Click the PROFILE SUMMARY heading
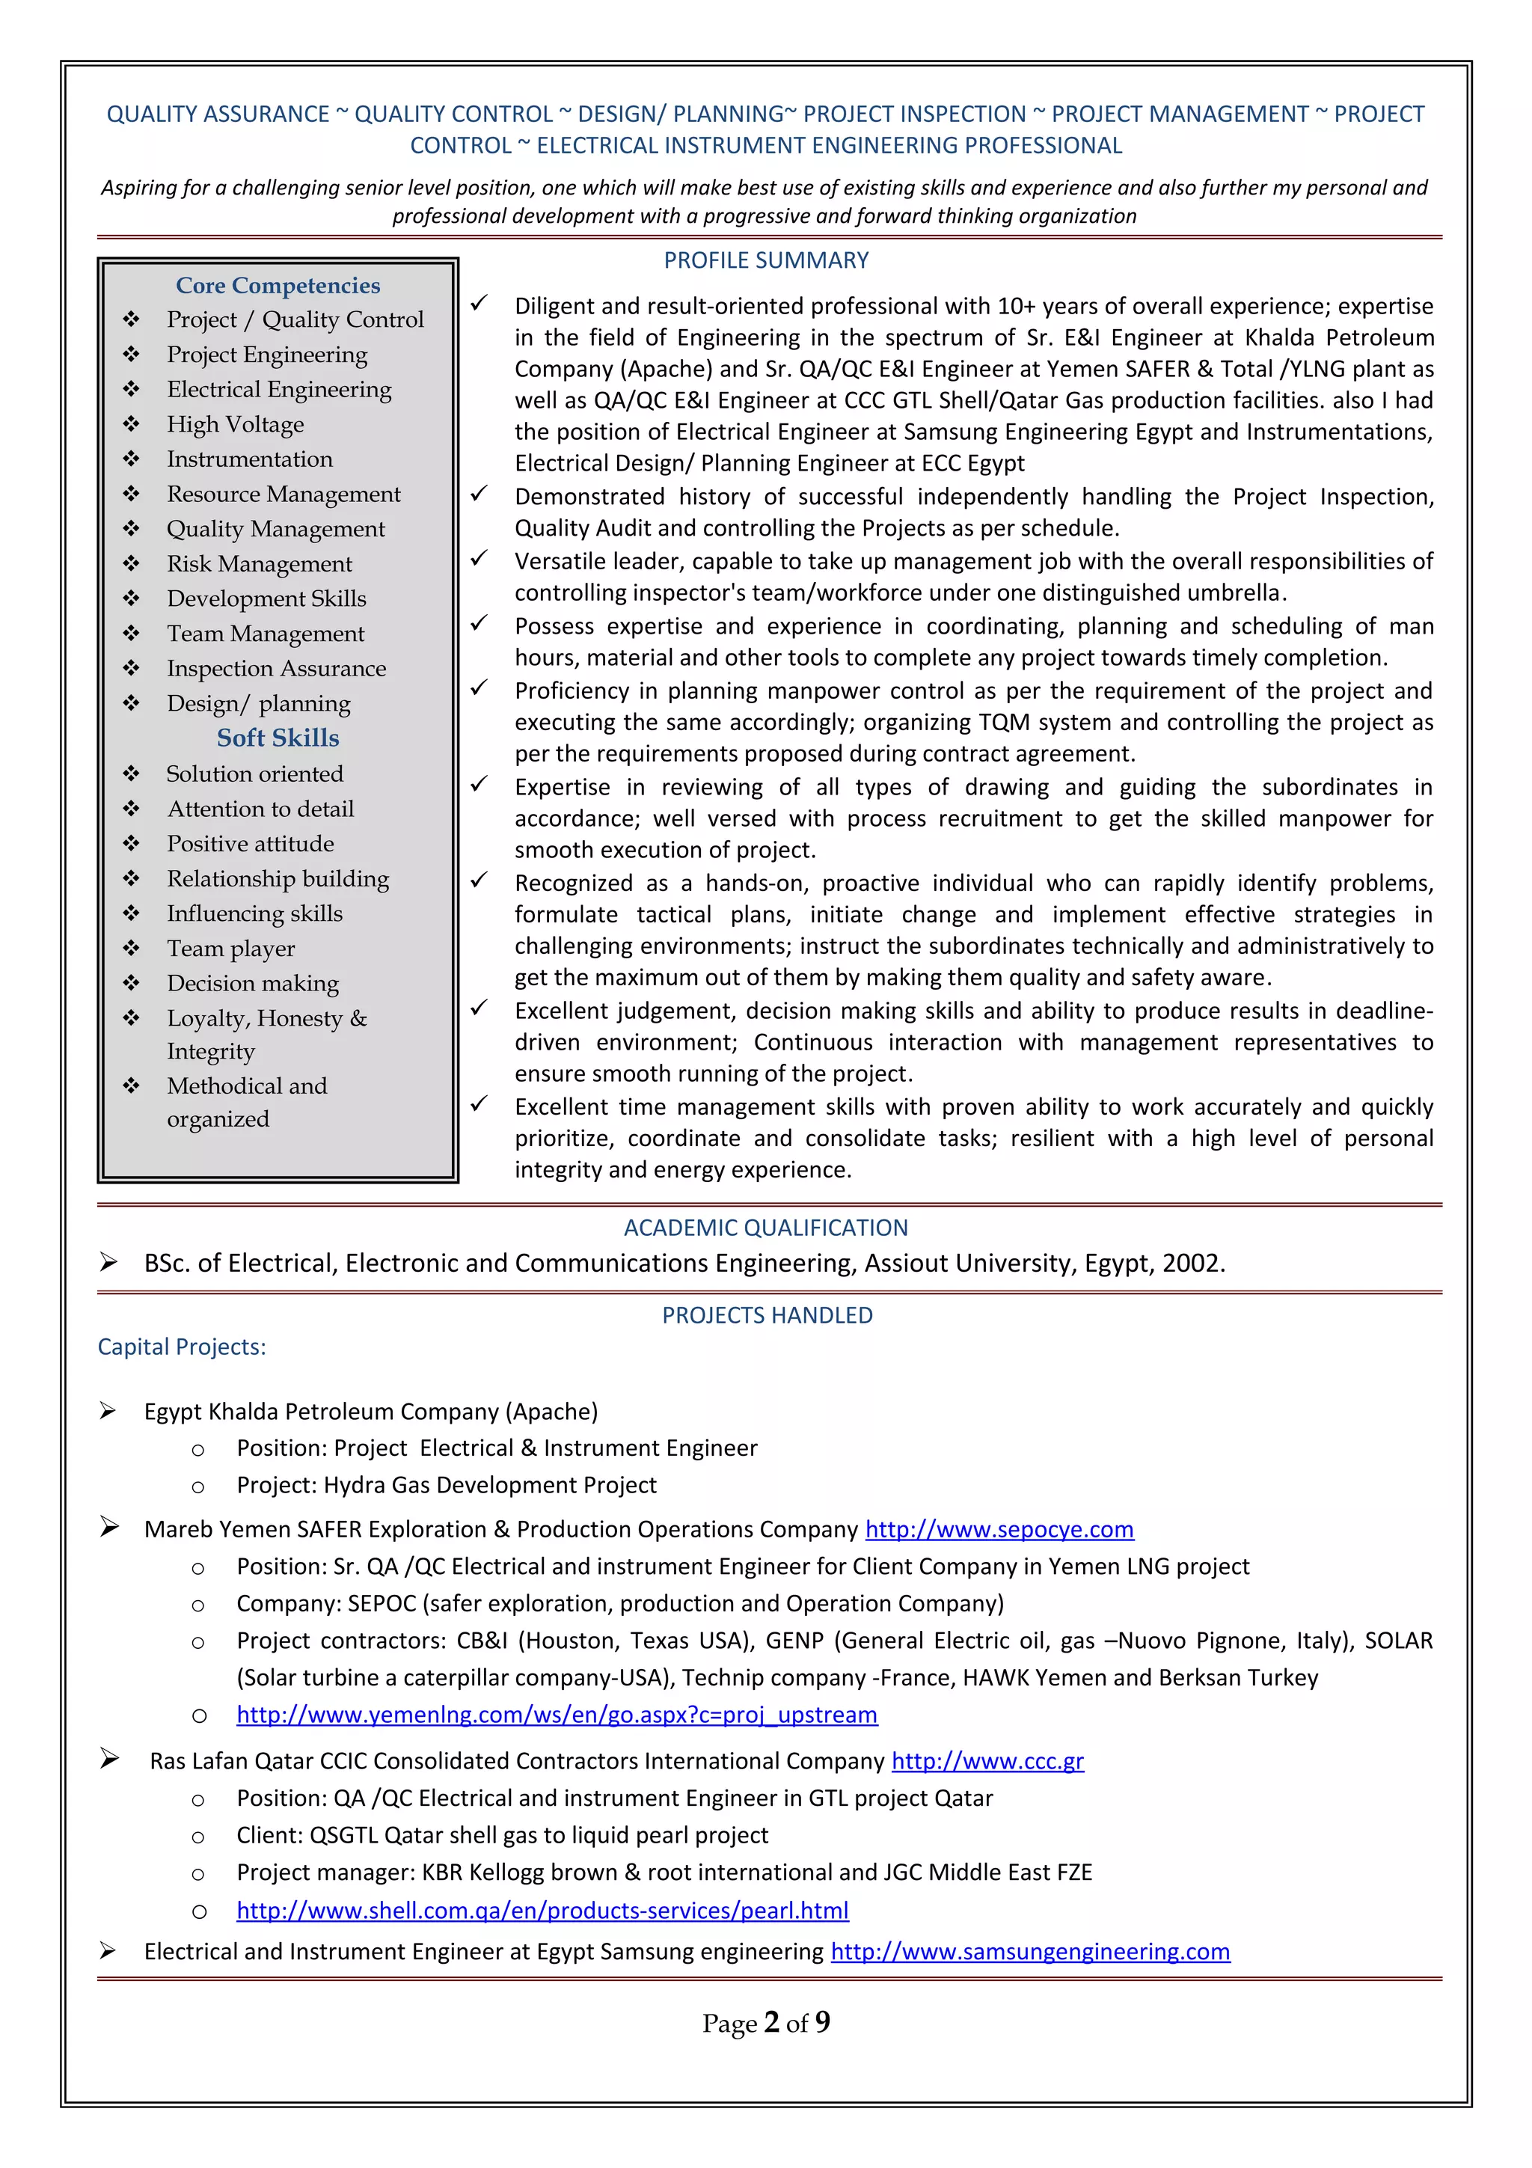pyautogui.click(x=765, y=260)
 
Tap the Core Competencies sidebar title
pyautogui.click(x=278, y=285)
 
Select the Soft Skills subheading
pyautogui.click(x=278, y=738)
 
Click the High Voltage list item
pyautogui.click(x=235, y=424)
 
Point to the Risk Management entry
pyautogui.click(x=260, y=564)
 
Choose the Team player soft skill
pyautogui.click(x=230, y=948)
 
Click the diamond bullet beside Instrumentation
pyautogui.click(x=131, y=459)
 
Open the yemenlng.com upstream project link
pyautogui.click(x=557, y=1714)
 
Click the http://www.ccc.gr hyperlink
pyautogui.click(x=987, y=1760)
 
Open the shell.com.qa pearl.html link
pyautogui.click(x=543, y=1909)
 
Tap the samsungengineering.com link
pyautogui.click(x=1030, y=1951)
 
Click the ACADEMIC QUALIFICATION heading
pyautogui.click(x=765, y=1228)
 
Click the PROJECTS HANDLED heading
pyautogui.click(x=767, y=1315)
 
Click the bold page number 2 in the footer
pyautogui.click(x=771, y=2021)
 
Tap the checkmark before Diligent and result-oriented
pyautogui.click(x=479, y=303)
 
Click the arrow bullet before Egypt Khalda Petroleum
pyautogui.click(x=108, y=1411)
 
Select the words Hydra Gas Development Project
pyautogui.click(x=490, y=1484)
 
